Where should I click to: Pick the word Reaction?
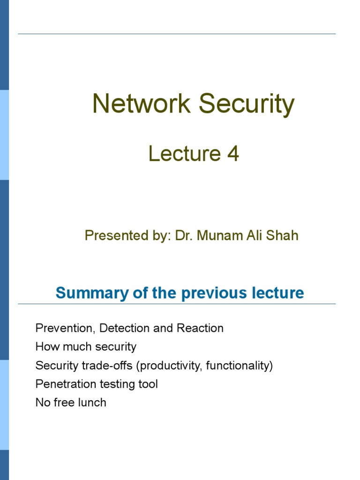tap(200, 328)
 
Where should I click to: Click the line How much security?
tap(86, 347)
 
